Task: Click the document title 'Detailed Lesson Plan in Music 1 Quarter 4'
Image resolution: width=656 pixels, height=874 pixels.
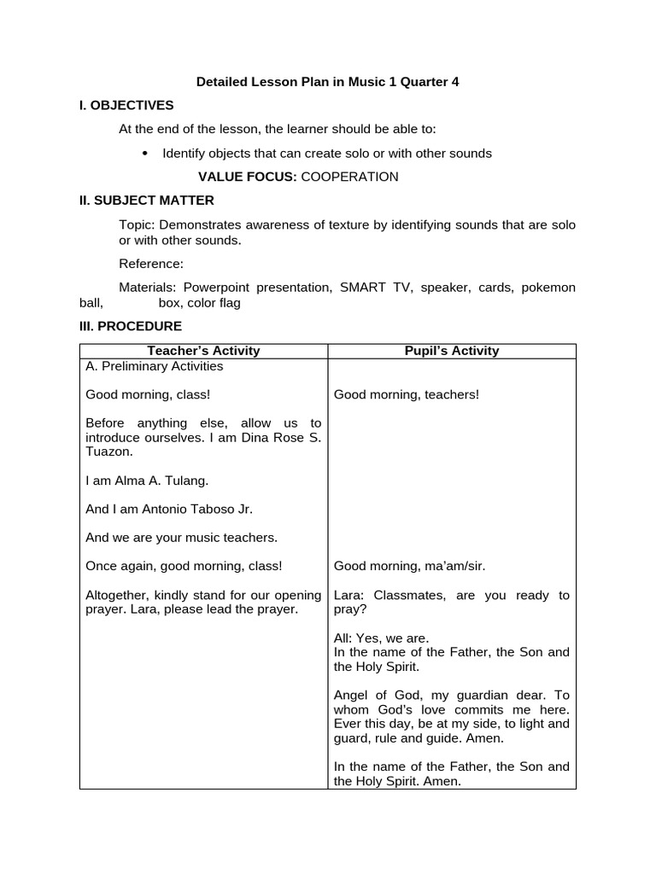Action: click(327, 82)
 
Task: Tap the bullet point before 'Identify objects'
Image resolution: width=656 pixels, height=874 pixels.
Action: click(144, 153)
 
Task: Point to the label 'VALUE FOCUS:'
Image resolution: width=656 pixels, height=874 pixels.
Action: click(247, 177)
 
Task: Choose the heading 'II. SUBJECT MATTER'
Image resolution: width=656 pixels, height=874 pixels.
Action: click(147, 201)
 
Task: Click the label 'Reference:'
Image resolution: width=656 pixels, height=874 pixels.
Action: click(151, 264)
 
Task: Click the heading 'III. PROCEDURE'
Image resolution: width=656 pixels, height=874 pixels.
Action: click(131, 326)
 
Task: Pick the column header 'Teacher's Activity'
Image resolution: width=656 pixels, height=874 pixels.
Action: click(203, 351)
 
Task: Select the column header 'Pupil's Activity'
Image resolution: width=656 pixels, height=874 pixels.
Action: click(452, 351)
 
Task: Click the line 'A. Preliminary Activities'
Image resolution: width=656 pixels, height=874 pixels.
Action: click(155, 366)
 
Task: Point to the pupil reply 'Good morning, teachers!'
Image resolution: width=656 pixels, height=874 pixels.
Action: click(407, 394)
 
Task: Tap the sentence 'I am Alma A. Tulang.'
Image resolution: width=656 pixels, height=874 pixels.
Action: click(147, 481)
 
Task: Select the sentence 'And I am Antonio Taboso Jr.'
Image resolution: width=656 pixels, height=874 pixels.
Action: click(169, 509)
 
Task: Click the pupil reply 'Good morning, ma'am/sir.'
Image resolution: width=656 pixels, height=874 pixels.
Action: click(409, 566)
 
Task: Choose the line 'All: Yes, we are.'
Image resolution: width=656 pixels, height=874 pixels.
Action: click(381, 638)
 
